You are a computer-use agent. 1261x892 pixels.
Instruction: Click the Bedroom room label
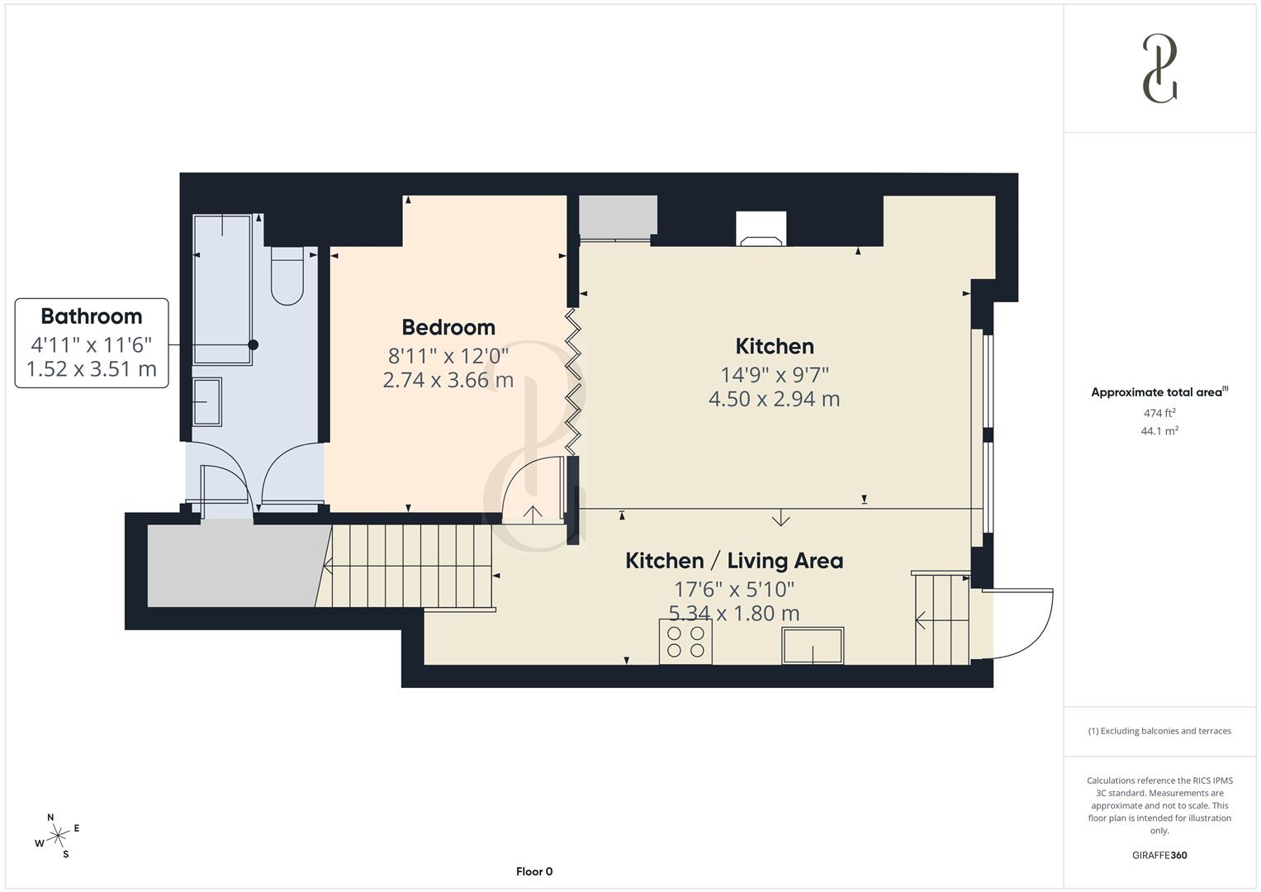click(x=448, y=327)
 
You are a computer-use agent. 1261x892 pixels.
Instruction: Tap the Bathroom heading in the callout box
click(x=92, y=316)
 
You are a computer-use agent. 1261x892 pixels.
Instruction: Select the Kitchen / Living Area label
click(x=734, y=561)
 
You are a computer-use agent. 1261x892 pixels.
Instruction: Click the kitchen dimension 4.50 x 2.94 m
click(x=774, y=399)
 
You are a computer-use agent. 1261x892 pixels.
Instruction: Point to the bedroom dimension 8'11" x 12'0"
click(x=448, y=356)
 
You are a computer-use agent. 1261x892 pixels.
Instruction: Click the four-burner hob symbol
click(x=685, y=642)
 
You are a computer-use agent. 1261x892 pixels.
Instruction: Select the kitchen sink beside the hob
click(x=813, y=646)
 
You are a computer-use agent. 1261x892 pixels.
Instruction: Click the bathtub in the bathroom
click(x=222, y=289)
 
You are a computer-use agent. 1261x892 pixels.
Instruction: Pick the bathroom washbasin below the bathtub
click(x=206, y=401)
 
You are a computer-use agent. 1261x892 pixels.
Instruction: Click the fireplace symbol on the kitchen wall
click(x=761, y=230)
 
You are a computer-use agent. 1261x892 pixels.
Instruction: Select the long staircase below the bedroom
click(x=410, y=566)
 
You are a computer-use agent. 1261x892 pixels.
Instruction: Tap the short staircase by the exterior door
click(x=942, y=619)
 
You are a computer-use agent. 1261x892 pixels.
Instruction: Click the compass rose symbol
click(x=58, y=836)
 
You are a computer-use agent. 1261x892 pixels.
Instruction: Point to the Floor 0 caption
click(x=534, y=871)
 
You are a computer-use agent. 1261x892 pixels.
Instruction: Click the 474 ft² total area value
click(x=1159, y=413)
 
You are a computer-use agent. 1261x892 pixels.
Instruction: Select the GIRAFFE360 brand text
click(x=1159, y=855)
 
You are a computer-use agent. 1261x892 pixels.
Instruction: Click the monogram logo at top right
click(x=1159, y=69)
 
